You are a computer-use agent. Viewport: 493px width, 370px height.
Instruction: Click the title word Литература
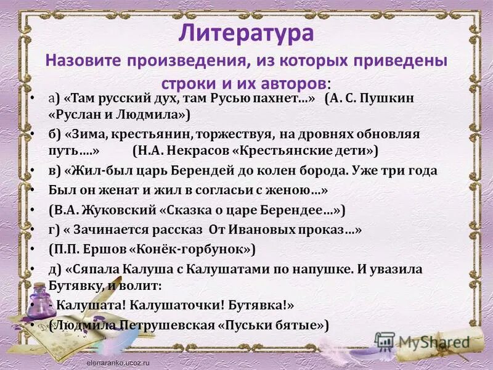(246, 32)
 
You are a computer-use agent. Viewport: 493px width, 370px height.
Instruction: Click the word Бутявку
(76, 286)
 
